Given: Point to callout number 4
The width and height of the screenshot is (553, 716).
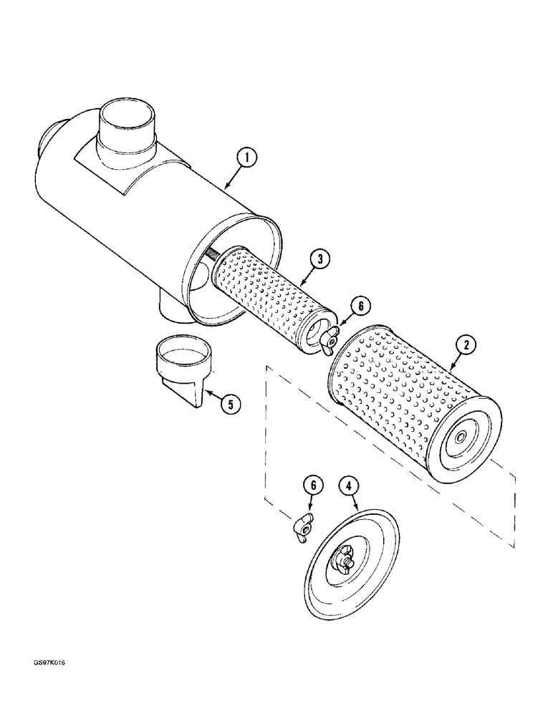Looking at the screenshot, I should click(349, 488).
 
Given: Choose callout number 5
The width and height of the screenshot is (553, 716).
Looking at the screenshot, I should click(230, 405).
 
